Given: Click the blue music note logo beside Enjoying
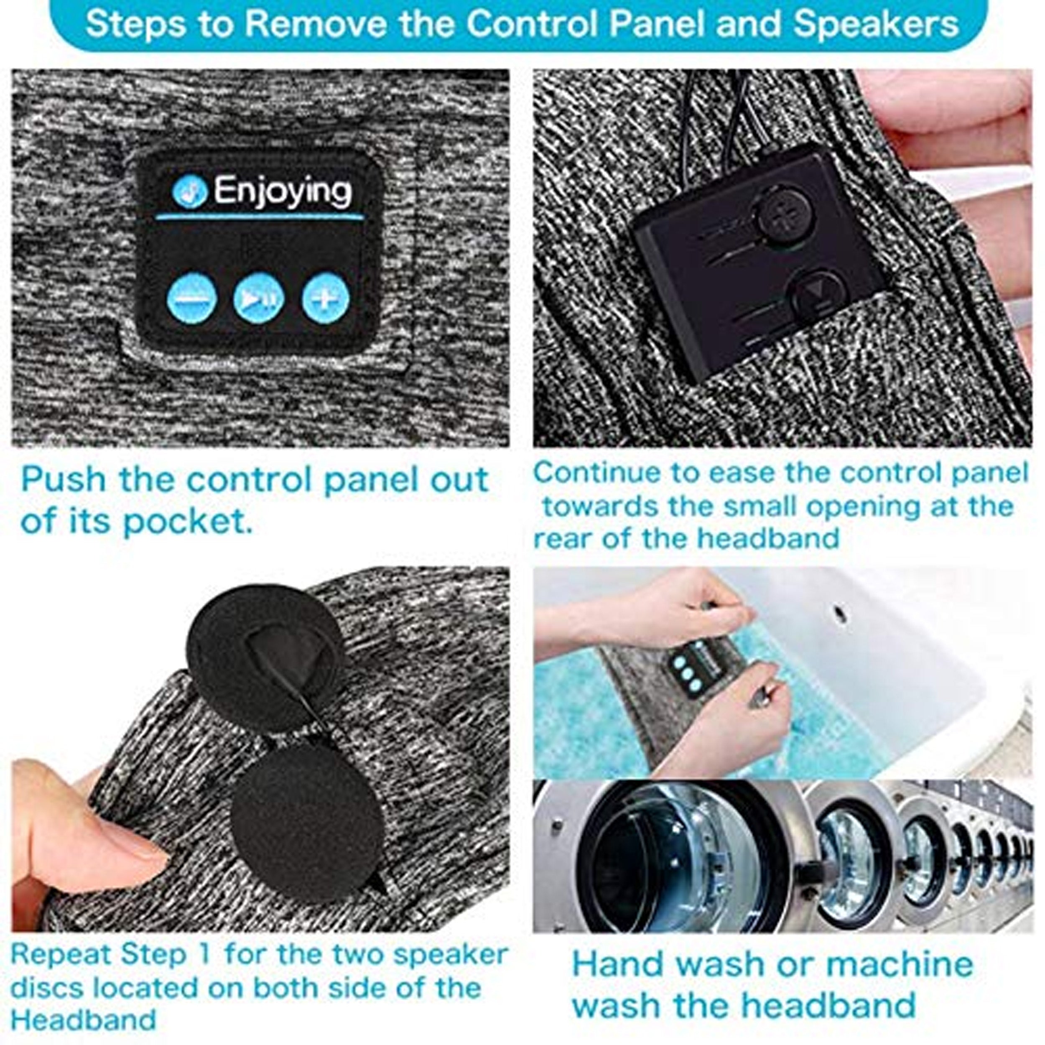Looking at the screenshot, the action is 190,191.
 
